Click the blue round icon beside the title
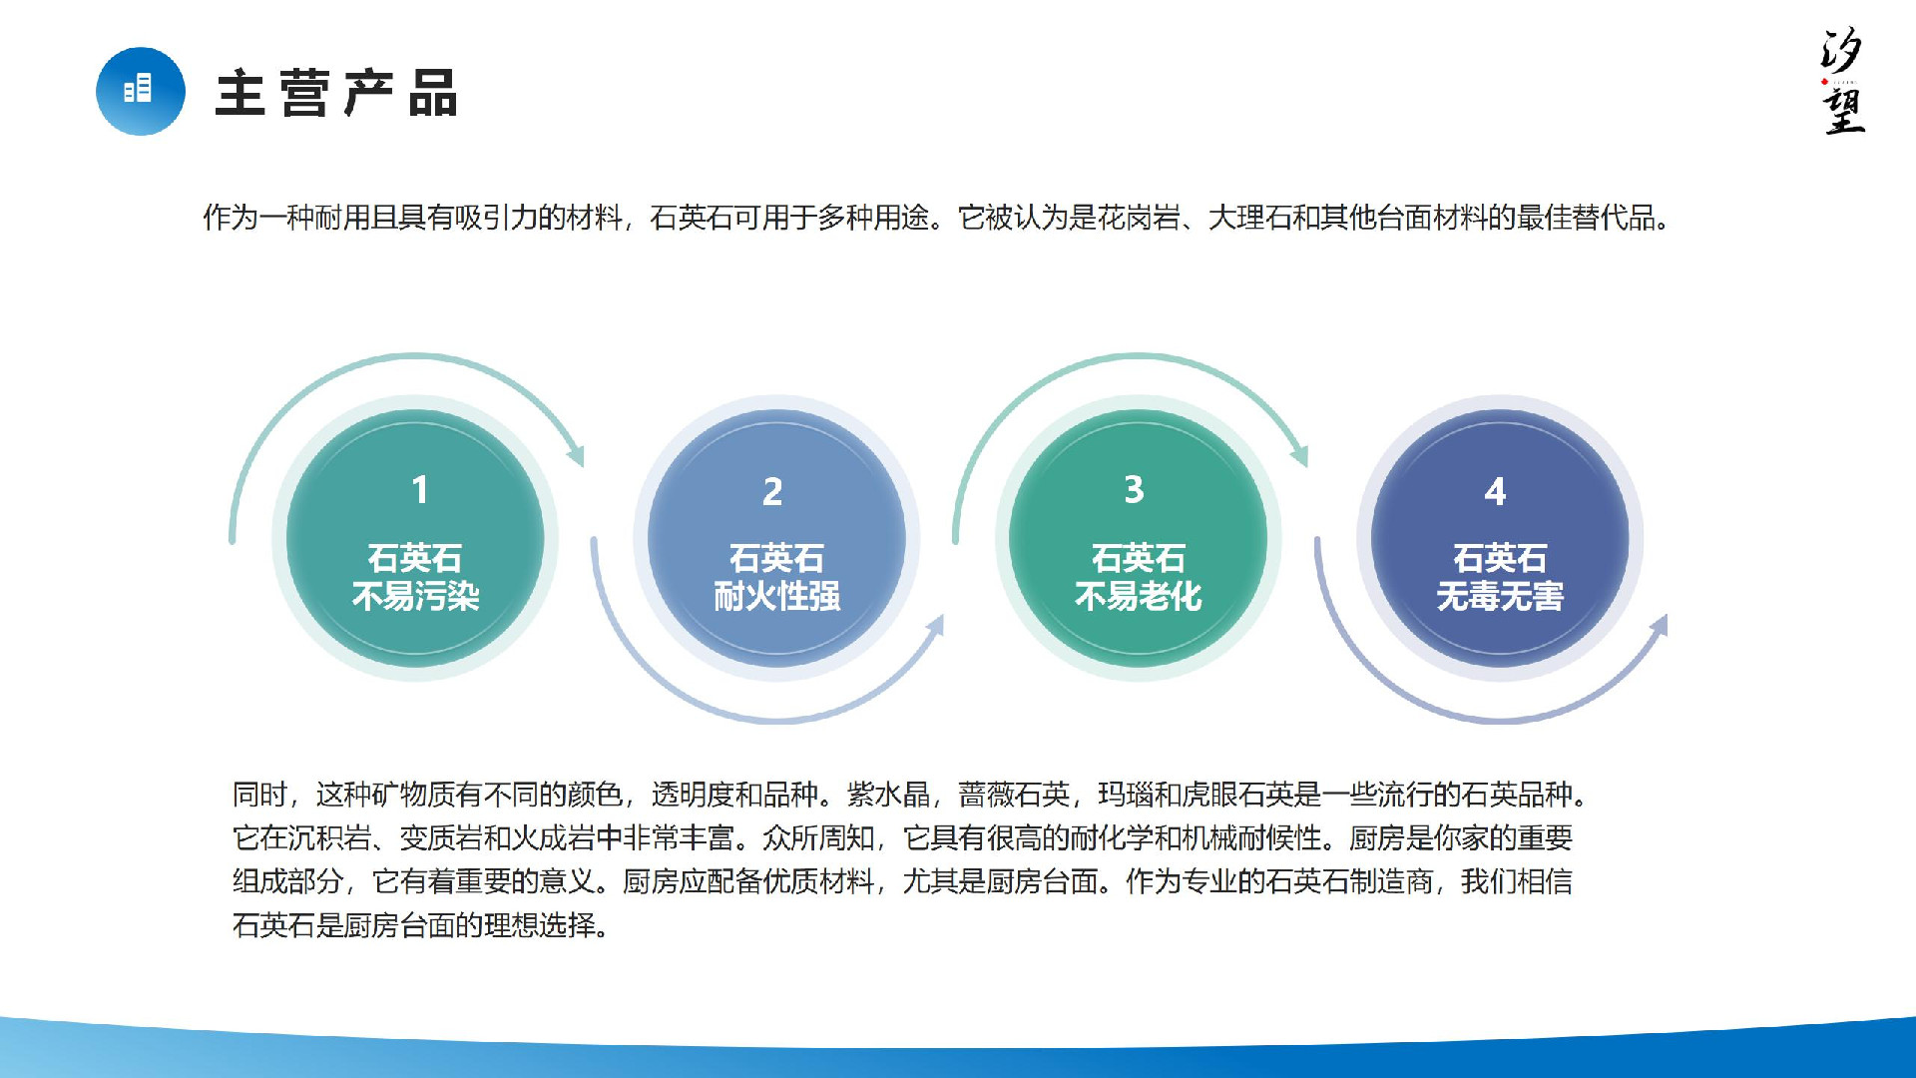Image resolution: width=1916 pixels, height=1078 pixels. tap(141, 91)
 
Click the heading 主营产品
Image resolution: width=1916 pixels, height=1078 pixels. tap(337, 93)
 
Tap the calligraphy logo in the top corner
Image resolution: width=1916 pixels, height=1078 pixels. tap(1841, 81)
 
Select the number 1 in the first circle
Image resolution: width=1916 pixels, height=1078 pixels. tap(420, 489)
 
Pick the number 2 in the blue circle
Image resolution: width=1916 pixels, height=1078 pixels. tap(772, 491)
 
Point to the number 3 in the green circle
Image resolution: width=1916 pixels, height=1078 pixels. tap(1134, 489)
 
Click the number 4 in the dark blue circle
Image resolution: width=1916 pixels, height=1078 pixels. tap(1495, 491)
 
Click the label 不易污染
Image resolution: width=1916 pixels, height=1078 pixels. tap(416, 597)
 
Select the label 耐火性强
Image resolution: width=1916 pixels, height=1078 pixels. tap(777, 597)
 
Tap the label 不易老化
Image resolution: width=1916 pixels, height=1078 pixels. tap(1139, 597)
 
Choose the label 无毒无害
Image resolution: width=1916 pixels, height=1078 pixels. tap(1500, 597)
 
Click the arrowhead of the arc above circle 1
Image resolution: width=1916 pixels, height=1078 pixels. tap(576, 454)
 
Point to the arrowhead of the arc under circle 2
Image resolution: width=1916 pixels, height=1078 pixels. tap(935, 626)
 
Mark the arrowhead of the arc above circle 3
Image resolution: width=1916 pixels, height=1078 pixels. tap(1299, 454)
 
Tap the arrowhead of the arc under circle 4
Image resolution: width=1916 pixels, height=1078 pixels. tap(1659, 626)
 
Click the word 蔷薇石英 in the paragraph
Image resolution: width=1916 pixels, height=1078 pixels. tap(1014, 795)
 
